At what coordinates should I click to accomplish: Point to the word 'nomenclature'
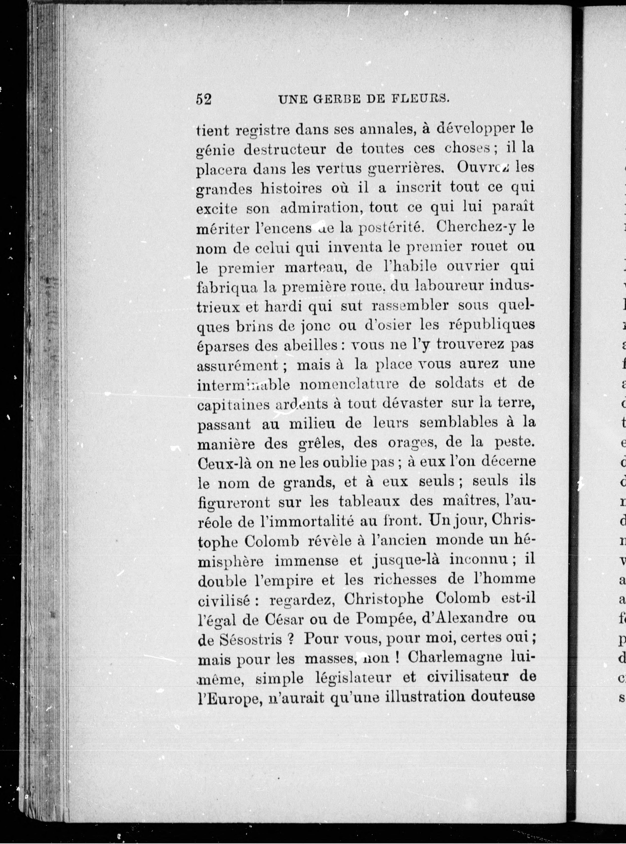point(349,384)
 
